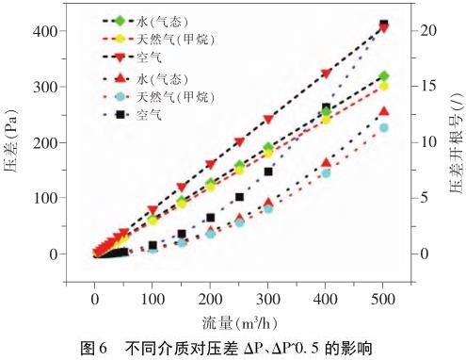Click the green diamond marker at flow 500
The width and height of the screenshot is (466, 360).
click(384, 76)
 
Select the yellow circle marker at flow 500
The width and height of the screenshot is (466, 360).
click(384, 86)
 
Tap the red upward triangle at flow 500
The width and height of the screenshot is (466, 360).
click(384, 111)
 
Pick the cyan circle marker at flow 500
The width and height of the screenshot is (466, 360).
click(384, 128)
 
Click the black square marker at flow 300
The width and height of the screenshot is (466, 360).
click(268, 172)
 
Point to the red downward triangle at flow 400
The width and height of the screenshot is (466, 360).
click(326, 74)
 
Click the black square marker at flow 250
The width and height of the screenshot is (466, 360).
click(239, 197)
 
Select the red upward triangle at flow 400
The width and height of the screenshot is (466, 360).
click(326, 162)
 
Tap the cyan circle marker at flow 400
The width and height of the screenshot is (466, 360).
click(326, 173)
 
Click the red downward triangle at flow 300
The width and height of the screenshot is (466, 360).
click(268, 120)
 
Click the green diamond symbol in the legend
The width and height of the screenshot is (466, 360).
click(120, 21)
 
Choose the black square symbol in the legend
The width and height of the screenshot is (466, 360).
click(121, 115)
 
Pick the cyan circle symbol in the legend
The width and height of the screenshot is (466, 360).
click(121, 96)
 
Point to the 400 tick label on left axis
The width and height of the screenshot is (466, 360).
click(44, 31)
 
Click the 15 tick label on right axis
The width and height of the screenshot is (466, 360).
click(428, 86)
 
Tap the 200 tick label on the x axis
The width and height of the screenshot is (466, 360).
click(210, 299)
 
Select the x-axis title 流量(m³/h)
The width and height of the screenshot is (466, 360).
click(239, 322)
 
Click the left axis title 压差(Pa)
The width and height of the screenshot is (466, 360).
click(11, 140)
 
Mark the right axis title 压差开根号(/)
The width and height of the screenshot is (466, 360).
click(457, 143)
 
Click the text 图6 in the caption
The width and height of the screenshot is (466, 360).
click(94, 349)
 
